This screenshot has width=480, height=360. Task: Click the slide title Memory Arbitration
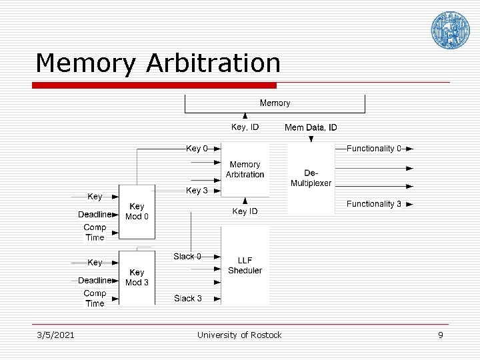click(x=158, y=63)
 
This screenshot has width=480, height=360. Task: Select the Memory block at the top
click(x=275, y=103)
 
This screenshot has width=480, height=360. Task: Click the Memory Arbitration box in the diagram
click(x=245, y=169)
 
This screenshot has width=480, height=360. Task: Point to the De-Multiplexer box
click(x=311, y=178)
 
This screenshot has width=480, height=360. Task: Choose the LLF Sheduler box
click(x=245, y=265)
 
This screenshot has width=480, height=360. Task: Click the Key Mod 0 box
click(x=137, y=212)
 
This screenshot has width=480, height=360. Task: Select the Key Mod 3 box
click(x=137, y=277)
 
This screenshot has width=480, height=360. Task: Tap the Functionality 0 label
click(x=373, y=149)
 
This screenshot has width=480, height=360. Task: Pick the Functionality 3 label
click(x=373, y=204)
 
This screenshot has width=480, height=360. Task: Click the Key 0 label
click(x=197, y=149)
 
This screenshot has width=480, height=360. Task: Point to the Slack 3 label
click(x=188, y=298)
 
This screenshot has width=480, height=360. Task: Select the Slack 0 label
click(x=187, y=256)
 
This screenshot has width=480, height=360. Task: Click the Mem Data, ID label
click(x=311, y=127)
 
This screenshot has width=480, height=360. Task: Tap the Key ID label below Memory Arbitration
click(x=245, y=211)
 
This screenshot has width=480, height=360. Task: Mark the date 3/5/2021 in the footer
click(x=55, y=335)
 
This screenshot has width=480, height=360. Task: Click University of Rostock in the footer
click(x=239, y=335)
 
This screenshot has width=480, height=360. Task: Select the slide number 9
click(x=440, y=335)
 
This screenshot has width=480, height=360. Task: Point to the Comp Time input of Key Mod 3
click(x=95, y=298)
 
